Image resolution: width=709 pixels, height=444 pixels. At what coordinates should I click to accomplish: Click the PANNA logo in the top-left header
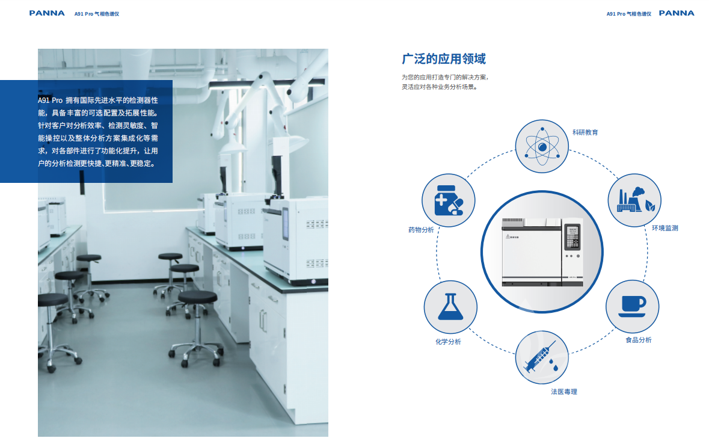point(47,13)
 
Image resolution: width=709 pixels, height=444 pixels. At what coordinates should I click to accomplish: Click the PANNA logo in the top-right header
point(677,13)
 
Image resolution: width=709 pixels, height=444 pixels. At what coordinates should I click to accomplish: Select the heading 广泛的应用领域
point(444,59)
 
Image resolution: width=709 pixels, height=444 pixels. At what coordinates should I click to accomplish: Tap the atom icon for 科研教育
point(542,146)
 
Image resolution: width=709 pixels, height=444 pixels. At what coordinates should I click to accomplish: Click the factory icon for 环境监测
point(635,200)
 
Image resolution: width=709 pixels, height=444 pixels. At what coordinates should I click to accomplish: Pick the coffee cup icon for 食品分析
point(632,306)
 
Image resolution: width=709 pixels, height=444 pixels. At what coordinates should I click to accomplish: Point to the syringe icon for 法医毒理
point(542,357)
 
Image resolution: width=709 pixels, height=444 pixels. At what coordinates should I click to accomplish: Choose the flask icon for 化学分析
point(450,307)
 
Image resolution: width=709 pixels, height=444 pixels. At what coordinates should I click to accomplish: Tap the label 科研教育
point(585,132)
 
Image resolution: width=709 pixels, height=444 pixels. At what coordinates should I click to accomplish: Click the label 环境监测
point(664,228)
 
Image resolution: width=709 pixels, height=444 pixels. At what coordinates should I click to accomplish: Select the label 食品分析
point(639,340)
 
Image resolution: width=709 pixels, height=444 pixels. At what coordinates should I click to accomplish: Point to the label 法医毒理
point(564,392)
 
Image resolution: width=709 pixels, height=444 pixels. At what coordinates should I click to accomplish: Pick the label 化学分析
point(448,342)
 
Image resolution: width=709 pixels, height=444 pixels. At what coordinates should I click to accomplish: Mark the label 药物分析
point(421,230)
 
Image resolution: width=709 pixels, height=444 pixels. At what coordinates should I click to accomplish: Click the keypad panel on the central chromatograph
point(572,237)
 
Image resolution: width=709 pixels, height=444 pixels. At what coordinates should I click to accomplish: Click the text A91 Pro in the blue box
point(50,100)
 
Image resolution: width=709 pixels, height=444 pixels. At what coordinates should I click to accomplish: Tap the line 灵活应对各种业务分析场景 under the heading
point(440,87)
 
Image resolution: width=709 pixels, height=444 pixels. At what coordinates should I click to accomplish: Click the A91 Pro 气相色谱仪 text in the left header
point(97,14)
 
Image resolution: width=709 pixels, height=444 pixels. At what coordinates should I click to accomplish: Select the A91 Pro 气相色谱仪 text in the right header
point(629,14)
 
